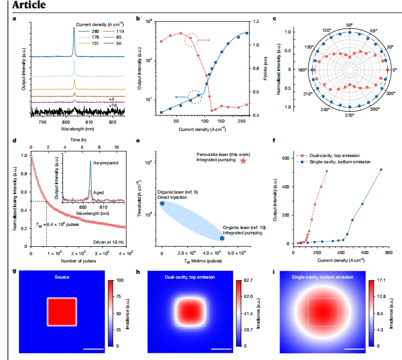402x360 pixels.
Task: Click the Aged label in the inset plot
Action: [100, 192]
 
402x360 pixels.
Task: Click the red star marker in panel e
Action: [243, 161]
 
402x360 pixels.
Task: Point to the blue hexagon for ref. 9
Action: [162, 203]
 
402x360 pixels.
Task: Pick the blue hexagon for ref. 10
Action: [222, 238]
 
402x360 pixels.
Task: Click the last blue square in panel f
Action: [381, 170]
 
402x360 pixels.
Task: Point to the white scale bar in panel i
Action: [353, 349]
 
